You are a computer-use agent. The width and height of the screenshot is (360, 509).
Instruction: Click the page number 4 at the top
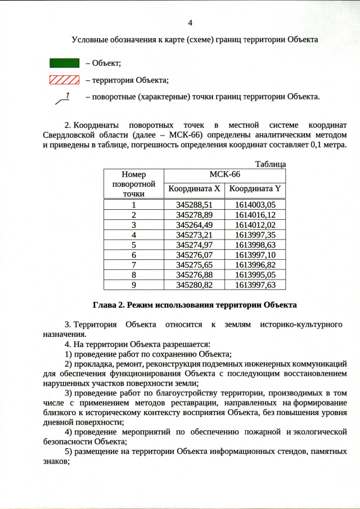click(x=190, y=23)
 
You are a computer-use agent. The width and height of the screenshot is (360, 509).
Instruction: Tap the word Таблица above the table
click(x=271, y=164)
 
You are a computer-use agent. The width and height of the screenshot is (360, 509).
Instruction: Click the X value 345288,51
click(x=194, y=205)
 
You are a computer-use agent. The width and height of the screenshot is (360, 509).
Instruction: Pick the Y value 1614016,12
click(x=255, y=214)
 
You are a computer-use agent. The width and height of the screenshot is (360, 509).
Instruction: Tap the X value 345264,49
click(x=194, y=224)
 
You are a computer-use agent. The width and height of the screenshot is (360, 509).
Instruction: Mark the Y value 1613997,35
click(x=255, y=233)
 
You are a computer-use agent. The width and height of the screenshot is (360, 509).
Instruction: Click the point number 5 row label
click(x=134, y=242)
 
